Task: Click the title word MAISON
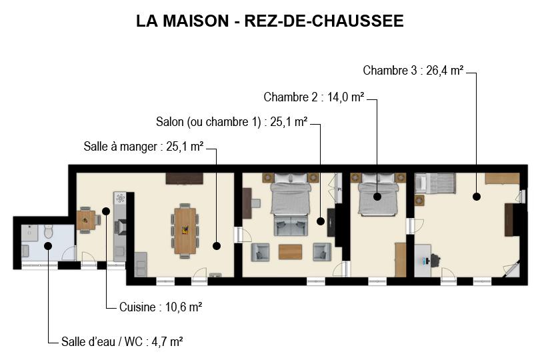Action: (x=195, y=21)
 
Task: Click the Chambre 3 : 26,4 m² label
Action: (x=413, y=71)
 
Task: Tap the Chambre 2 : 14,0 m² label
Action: (x=314, y=97)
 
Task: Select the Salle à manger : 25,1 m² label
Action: (x=143, y=147)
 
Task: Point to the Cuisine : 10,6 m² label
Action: (x=161, y=307)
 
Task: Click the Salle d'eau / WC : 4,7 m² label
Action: (x=122, y=342)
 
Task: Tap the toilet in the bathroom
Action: (x=49, y=231)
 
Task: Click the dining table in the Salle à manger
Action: (x=185, y=231)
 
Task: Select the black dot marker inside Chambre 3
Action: (x=477, y=197)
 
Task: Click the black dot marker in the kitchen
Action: (x=106, y=211)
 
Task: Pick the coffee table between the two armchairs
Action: (x=290, y=252)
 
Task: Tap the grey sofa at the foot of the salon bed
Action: (x=291, y=225)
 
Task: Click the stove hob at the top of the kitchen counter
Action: (x=120, y=198)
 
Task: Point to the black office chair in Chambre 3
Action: (x=435, y=261)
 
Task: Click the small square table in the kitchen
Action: (x=86, y=220)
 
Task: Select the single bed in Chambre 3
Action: (x=435, y=183)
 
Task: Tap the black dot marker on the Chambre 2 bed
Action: (x=377, y=197)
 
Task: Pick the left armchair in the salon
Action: (x=260, y=252)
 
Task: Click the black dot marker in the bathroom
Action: (x=48, y=245)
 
